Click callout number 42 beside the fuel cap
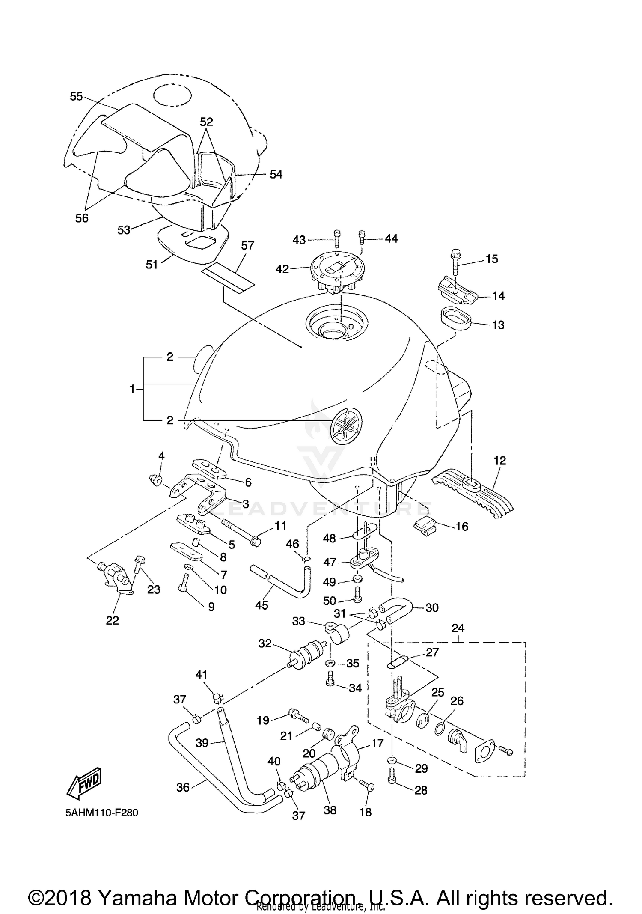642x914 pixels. (x=282, y=269)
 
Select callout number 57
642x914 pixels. (x=247, y=246)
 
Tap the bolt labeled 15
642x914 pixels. (x=455, y=261)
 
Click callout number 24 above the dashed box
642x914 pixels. (x=458, y=628)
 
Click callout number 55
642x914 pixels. (x=76, y=97)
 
